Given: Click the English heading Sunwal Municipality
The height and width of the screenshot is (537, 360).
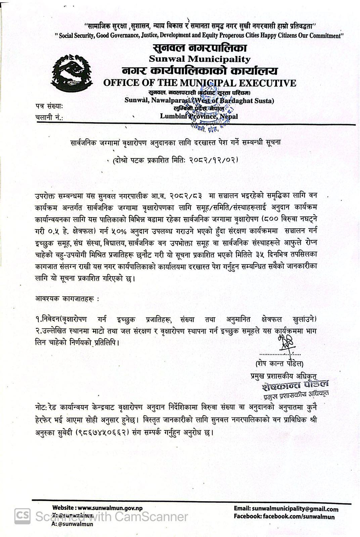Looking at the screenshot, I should (x=199, y=59).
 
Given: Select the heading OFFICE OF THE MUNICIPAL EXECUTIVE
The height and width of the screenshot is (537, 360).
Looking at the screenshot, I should (x=199, y=83).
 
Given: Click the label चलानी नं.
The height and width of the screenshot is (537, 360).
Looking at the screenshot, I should (x=49, y=117).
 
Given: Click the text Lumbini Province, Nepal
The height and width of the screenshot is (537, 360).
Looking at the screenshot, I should (x=198, y=116).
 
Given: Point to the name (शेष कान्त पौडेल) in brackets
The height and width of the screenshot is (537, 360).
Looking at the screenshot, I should (x=279, y=364).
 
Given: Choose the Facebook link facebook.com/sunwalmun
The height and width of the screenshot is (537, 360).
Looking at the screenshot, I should (x=298, y=517).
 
